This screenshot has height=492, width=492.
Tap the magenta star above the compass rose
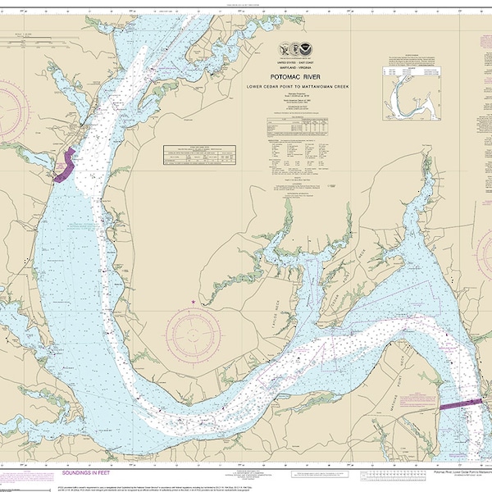194,303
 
